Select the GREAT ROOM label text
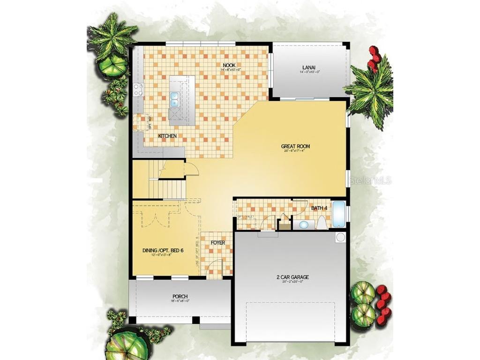point(296,146)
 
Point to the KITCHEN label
point(167,135)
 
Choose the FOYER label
point(217,243)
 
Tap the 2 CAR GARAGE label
point(292,277)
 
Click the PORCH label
point(180,297)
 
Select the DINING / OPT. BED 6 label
point(163,251)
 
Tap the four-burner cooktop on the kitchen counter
point(138,89)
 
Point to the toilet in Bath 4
point(322,223)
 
